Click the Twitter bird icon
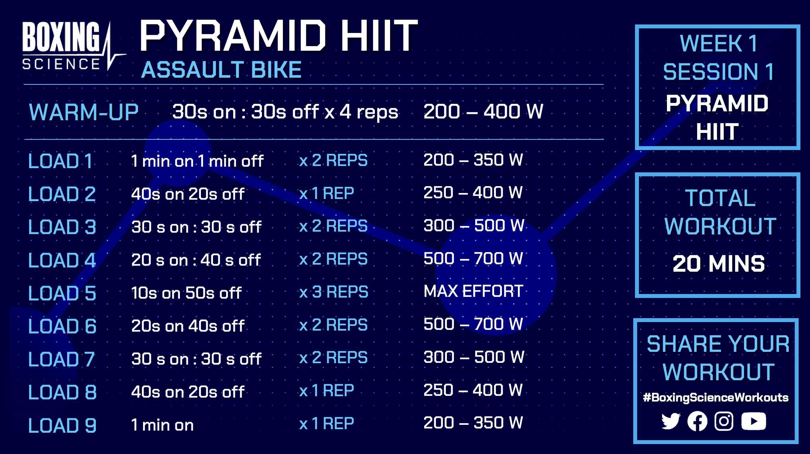[x=671, y=421]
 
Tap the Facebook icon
[x=697, y=421]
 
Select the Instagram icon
[x=724, y=421]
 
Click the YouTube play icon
[x=754, y=421]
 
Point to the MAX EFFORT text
[x=474, y=292]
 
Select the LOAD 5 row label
[x=62, y=293]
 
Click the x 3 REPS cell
[x=334, y=292]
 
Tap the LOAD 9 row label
[x=62, y=425]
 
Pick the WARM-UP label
[x=84, y=112]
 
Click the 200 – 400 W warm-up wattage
[x=483, y=111]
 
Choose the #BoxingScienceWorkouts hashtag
[x=716, y=398]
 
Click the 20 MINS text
[x=719, y=264]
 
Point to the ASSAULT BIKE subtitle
[x=221, y=70]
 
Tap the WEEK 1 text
[x=718, y=43]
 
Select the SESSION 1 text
[x=718, y=72]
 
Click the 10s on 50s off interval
[x=186, y=293]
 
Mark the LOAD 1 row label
[x=60, y=161]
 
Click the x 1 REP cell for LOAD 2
[x=327, y=193]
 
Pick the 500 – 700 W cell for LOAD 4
[x=473, y=258]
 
